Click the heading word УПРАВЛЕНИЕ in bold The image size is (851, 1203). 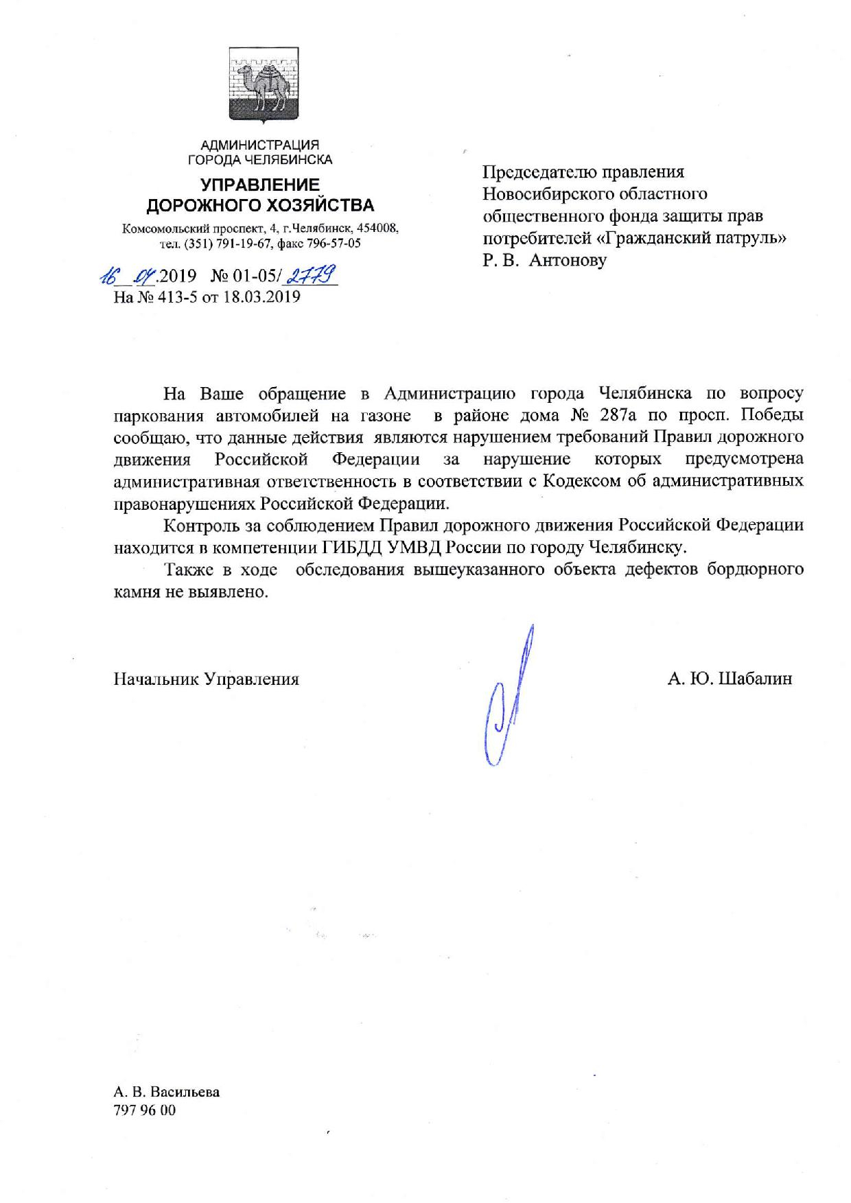pos(260,185)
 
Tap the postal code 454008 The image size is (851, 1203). pos(377,229)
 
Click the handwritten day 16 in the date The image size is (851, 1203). pos(109,277)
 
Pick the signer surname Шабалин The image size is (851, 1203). pos(754,679)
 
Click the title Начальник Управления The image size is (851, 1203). pos(207,679)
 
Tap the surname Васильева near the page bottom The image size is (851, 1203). pos(184,1092)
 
